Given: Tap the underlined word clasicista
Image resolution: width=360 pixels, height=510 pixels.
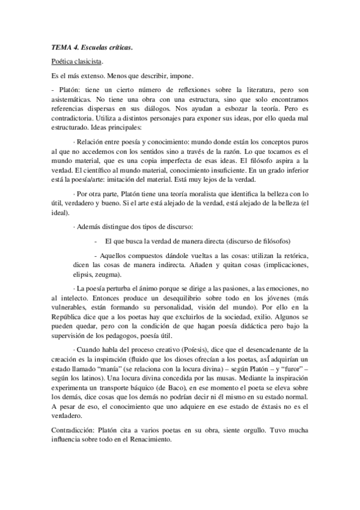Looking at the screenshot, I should coord(88,61).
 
